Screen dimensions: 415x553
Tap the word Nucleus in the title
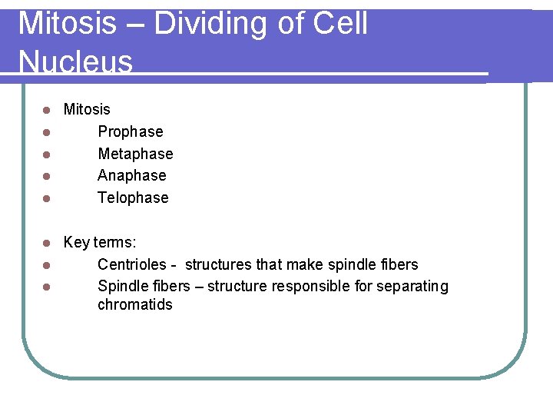click(x=75, y=61)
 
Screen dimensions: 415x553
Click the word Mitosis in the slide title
click(x=68, y=24)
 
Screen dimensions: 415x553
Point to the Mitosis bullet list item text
click(x=87, y=110)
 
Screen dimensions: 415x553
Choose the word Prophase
click(x=130, y=132)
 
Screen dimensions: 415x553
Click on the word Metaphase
click(x=135, y=154)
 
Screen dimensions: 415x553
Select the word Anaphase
click(x=131, y=176)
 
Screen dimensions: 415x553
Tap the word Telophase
click(x=133, y=198)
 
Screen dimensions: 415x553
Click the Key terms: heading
click(x=100, y=243)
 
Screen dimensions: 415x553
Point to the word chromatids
click(x=134, y=305)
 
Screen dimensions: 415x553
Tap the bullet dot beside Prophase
click(x=47, y=132)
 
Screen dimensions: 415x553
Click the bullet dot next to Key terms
click(x=47, y=244)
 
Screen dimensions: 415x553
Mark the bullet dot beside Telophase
click(x=47, y=198)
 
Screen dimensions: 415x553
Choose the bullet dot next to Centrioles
click(x=47, y=266)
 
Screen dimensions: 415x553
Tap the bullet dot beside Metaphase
click(x=47, y=154)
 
